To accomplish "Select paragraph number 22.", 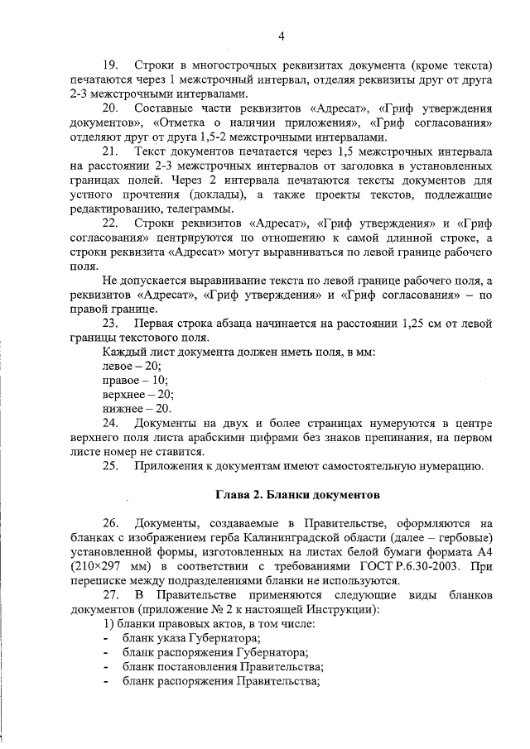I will coord(110,223).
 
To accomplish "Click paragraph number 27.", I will coord(110,595).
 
